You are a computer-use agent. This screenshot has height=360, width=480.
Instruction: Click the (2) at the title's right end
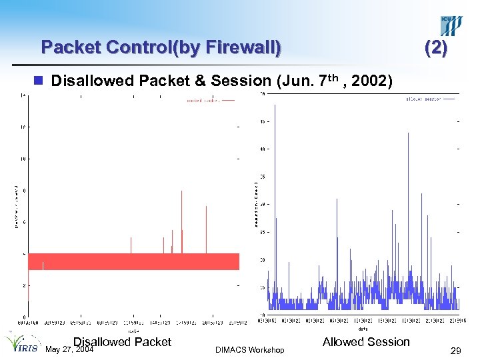tap(437, 47)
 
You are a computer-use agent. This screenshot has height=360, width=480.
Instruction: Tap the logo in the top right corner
tap(451, 26)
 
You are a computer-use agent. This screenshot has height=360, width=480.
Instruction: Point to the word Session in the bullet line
tap(240, 81)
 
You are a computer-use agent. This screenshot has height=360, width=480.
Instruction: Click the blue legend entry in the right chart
tap(431, 99)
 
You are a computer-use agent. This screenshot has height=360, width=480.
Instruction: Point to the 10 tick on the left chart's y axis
tap(23, 159)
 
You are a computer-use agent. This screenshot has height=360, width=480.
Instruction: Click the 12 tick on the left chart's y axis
tap(23, 127)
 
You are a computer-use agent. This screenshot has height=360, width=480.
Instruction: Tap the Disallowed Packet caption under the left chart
tap(122, 342)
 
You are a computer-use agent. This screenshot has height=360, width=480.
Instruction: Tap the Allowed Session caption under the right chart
tap(366, 342)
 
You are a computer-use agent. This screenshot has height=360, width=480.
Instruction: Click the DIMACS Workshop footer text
tap(250, 350)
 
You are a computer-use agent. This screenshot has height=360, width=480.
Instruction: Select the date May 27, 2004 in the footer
tap(69, 349)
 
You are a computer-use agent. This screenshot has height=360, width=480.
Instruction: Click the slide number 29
tap(455, 350)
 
